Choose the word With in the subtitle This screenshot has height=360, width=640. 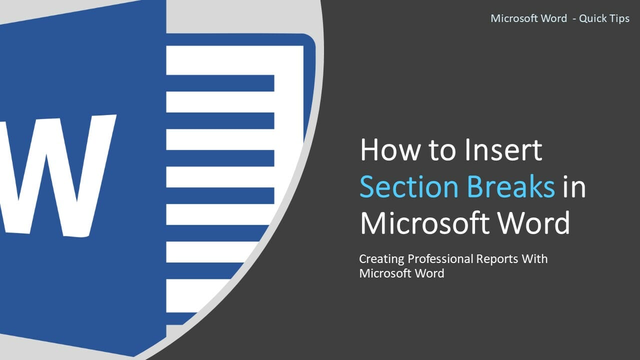point(535,259)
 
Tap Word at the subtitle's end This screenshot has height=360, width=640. point(427,273)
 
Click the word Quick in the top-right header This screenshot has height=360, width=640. point(592,19)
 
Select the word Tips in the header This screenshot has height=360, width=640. point(619,19)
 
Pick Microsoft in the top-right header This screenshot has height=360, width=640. point(513,19)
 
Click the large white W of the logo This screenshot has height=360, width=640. point(55,175)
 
